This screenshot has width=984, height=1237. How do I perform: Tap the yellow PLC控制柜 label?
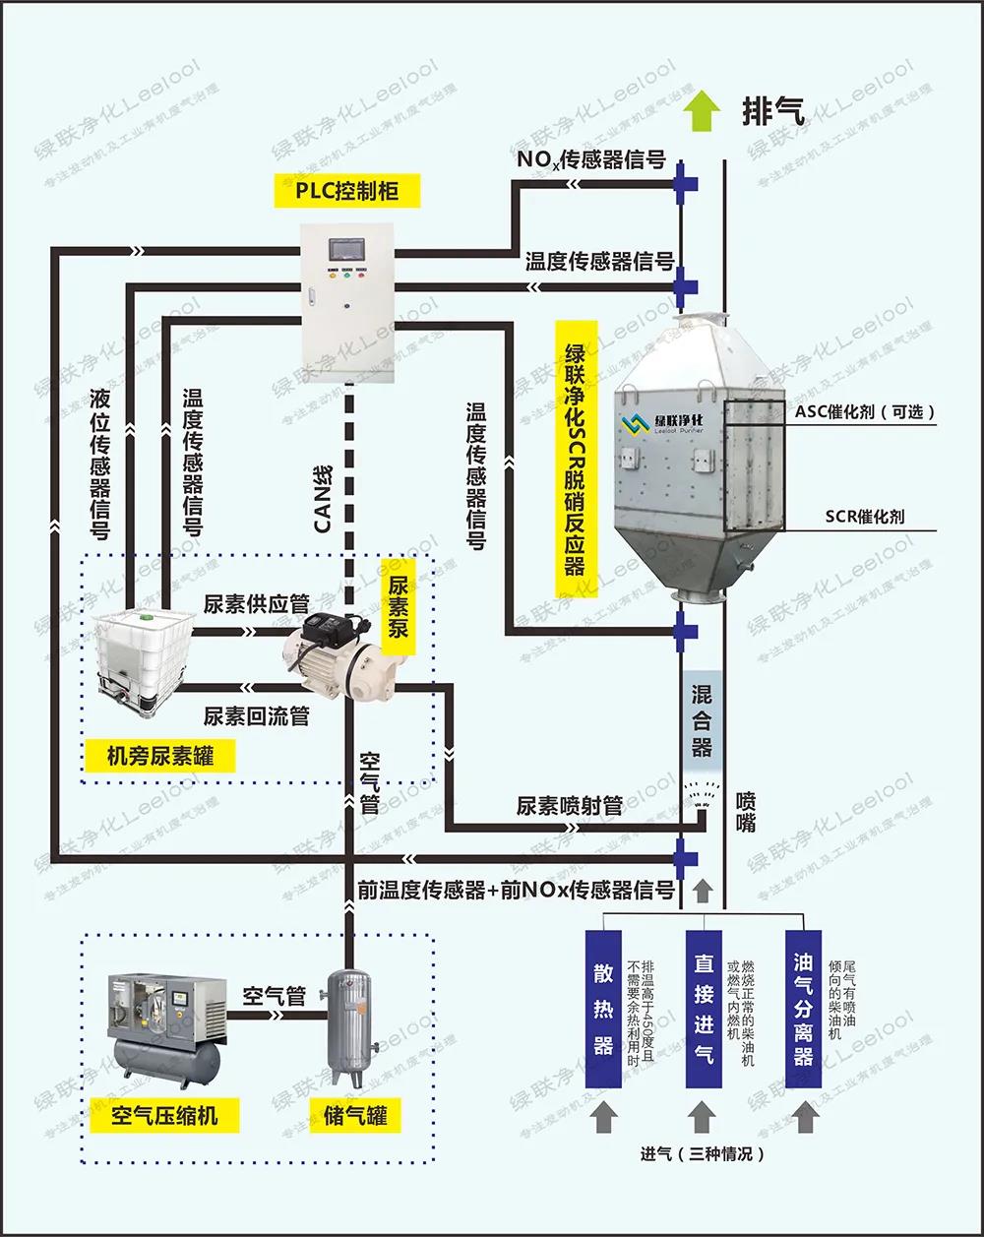[x=347, y=190]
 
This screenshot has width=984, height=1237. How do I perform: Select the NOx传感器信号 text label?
[x=591, y=159]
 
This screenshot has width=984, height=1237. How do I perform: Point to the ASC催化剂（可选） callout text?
[x=865, y=412]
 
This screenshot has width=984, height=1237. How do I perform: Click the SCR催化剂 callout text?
[x=866, y=516]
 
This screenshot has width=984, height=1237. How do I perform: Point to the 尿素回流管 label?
[x=256, y=716]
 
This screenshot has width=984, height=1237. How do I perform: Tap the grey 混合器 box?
[x=702, y=720]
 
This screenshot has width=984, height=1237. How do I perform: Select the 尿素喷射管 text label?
[x=570, y=806]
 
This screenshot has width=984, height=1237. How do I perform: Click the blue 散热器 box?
[x=603, y=1008]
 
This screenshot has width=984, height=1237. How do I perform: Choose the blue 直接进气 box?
[x=703, y=1008]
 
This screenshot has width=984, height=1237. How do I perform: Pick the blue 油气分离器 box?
[x=803, y=1008]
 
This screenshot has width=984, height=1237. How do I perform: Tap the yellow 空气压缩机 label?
[x=165, y=1115]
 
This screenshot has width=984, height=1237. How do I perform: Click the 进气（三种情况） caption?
[x=702, y=1153]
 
